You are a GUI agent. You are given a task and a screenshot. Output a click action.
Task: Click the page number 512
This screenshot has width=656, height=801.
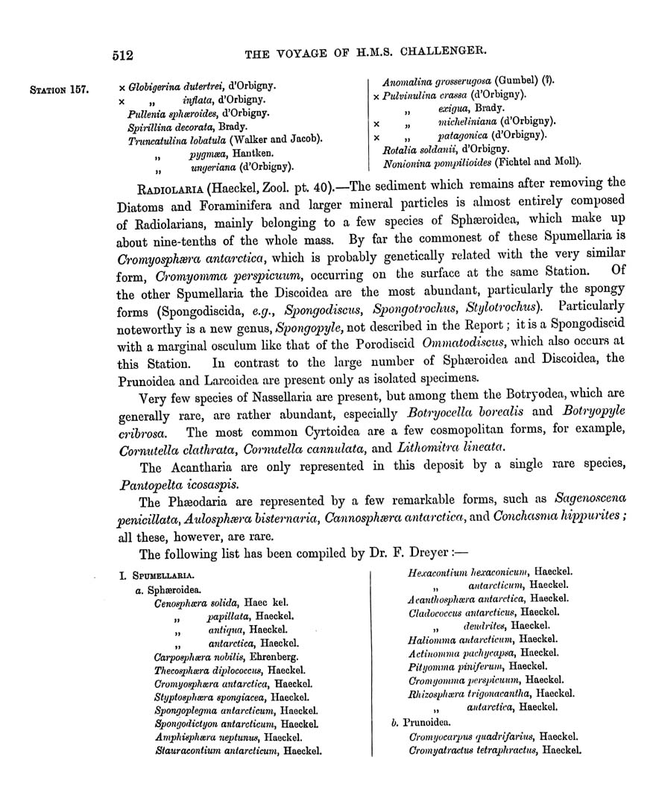pos(122,54)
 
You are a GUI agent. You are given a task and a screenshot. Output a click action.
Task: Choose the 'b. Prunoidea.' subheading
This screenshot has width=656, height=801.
pos(421,722)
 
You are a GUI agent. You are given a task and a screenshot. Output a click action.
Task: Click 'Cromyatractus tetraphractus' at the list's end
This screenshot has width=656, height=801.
pos(473,750)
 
